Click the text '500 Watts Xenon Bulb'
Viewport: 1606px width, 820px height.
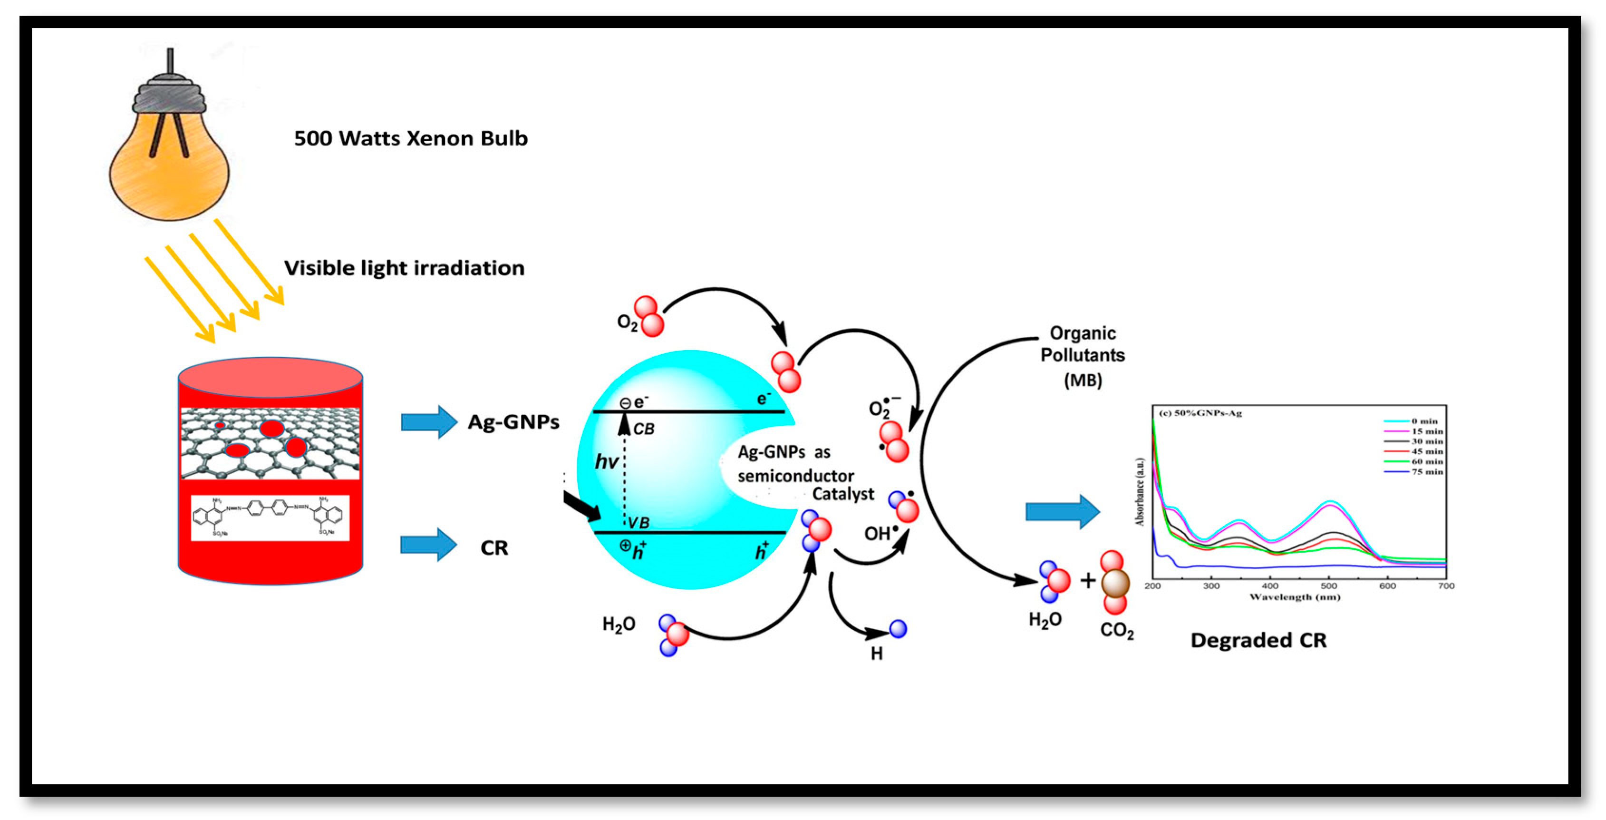coord(410,138)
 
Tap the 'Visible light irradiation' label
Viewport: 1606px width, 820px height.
coord(404,268)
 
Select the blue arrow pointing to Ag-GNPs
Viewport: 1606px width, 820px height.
coord(429,422)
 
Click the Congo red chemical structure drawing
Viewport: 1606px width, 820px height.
coord(269,517)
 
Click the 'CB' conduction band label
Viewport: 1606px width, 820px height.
coord(644,429)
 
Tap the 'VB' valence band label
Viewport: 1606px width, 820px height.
coord(639,523)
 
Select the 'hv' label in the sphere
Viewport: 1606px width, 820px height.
coord(606,462)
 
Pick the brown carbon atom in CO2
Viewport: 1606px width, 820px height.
coord(1115,583)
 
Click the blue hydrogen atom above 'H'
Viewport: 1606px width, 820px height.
coord(898,629)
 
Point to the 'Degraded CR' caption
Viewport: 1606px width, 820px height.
coord(1258,640)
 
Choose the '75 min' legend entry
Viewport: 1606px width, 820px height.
coord(1426,472)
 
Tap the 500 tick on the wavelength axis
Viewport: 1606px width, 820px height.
coord(1328,586)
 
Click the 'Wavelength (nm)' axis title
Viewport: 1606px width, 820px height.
coord(1294,597)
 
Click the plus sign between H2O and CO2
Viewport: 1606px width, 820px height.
coord(1088,581)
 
